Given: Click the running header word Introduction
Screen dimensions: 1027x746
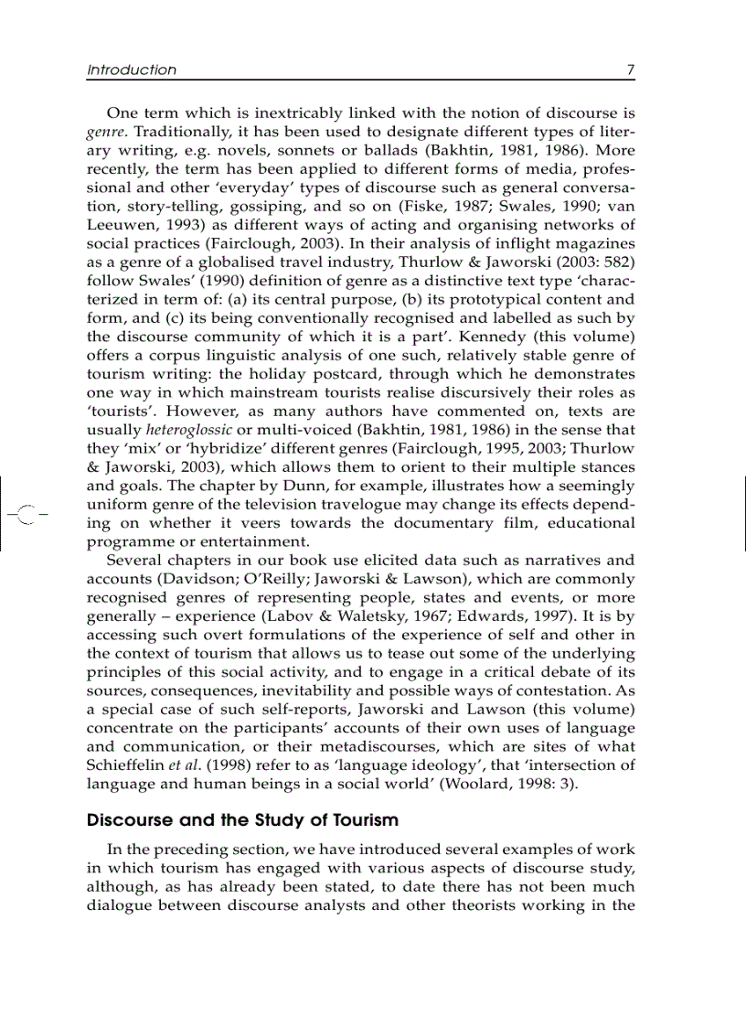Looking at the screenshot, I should click(x=132, y=70).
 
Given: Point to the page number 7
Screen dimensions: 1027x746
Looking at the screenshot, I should click(x=630, y=70).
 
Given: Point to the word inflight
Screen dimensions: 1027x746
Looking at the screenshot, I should click(x=497, y=244).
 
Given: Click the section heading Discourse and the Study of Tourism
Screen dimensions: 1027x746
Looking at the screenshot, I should click(x=242, y=819).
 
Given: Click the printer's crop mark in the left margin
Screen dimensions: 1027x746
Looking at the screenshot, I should click(x=25, y=514).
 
